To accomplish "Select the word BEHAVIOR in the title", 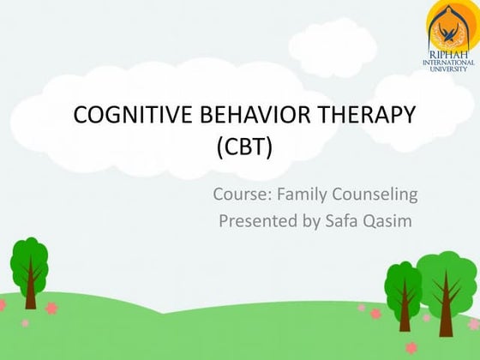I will (233, 141).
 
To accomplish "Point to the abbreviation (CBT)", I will (245, 170).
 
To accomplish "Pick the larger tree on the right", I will (445, 279).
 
